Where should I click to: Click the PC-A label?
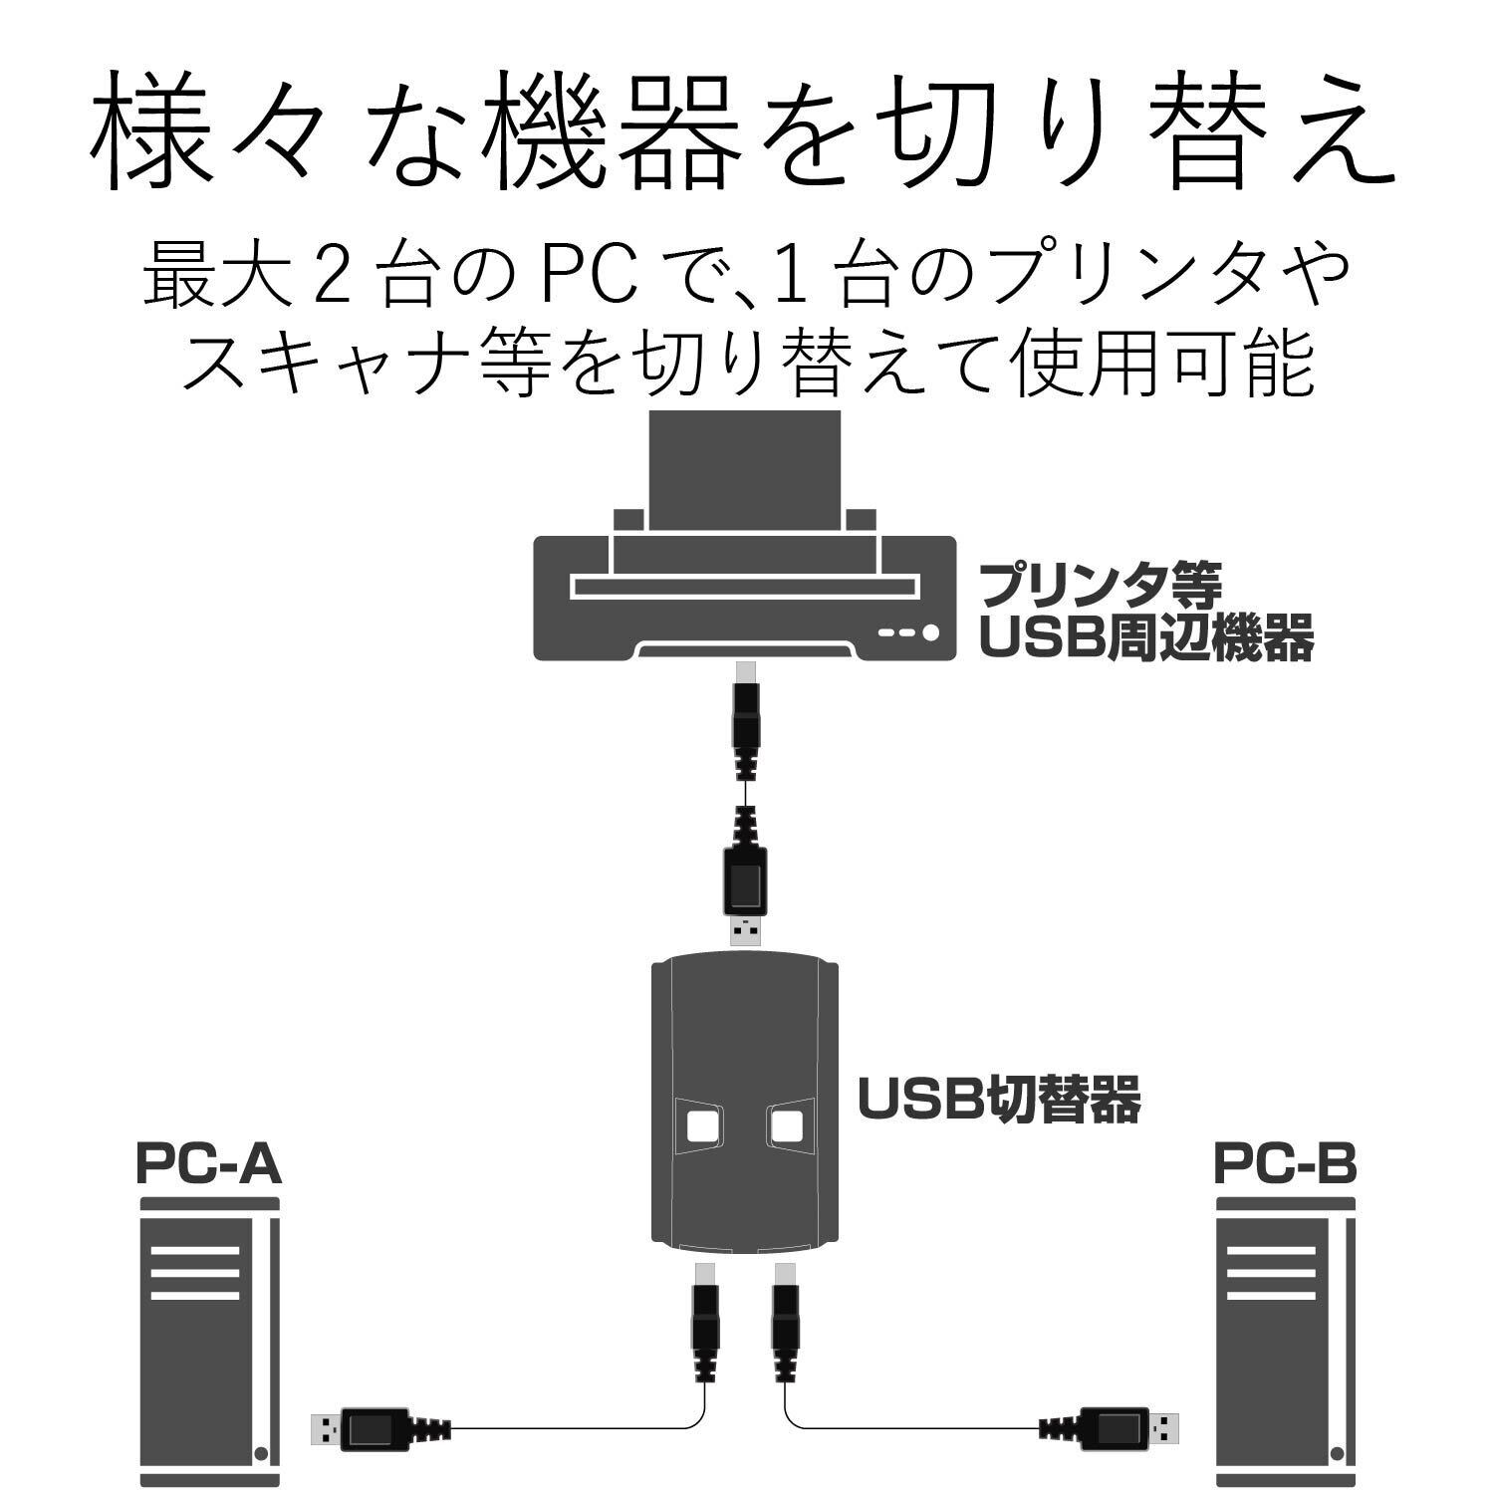pyautogui.click(x=209, y=1164)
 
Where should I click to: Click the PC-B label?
pyautogui.click(x=1285, y=1164)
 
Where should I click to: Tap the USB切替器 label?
pyautogui.click(x=999, y=1100)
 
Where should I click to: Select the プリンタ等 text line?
pyautogui.click(x=1100, y=586)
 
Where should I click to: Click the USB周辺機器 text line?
pyautogui.click(x=1145, y=637)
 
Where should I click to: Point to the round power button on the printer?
pyautogui.click(x=931, y=631)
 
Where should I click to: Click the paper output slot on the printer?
pyautogui.click(x=744, y=586)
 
